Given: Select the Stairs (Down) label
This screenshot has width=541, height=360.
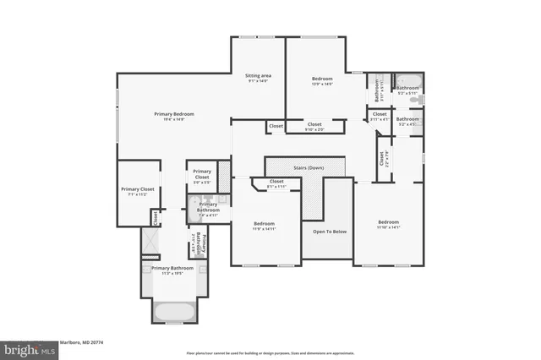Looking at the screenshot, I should pos(309,167).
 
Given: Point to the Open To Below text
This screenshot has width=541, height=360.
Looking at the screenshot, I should pos(328,231).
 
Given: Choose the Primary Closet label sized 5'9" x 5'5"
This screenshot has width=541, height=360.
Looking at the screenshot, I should pos(202,176).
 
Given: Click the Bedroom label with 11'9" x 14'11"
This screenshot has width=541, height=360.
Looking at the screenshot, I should pos(265,224).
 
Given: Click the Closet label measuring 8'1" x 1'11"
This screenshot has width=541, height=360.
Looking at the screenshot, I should pos(276,182).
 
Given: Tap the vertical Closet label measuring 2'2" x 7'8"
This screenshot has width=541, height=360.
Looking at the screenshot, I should pos(382,157).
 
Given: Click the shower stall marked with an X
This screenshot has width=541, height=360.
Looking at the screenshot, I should pos(150,243).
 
